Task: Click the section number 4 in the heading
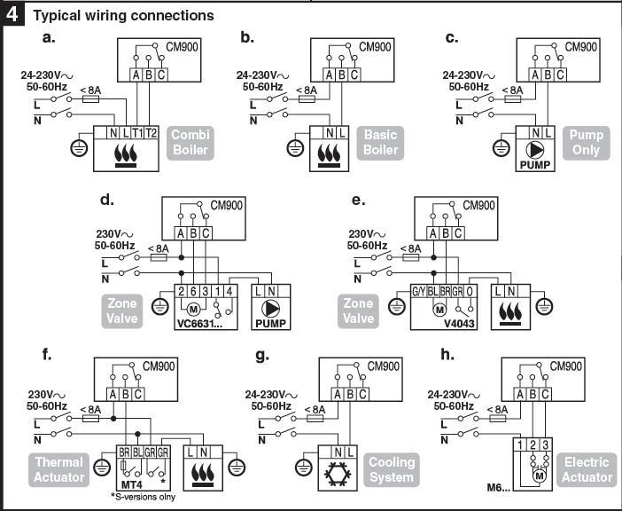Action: tap(14, 15)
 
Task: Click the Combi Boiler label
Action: tap(190, 142)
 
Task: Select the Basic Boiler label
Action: tap(381, 142)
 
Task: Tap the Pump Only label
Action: tap(586, 142)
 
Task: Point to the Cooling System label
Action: tap(391, 469)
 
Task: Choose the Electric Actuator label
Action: tap(587, 469)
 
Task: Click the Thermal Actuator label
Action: tap(60, 469)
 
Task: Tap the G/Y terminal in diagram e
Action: tap(420, 291)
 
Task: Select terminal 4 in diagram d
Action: tap(229, 291)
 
